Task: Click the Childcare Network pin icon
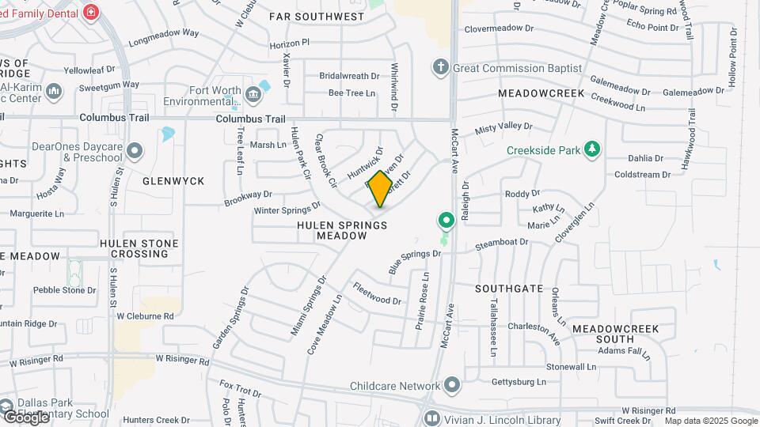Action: tap(452, 386)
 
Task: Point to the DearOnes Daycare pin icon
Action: tap(135, 150)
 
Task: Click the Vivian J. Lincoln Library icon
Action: tap(431, 419)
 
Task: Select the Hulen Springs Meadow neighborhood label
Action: tap(342, 230)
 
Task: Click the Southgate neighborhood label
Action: tap(509, 289)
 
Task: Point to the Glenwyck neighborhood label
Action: tap(173, 181)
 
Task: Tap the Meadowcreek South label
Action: tap(614, 333)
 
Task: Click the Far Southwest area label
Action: tap(317, 17)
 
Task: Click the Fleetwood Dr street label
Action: tap(378, 294)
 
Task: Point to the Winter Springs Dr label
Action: tap(286, 210)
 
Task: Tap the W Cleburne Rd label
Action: tap(145, 316)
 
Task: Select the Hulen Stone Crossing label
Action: tap(139, 248)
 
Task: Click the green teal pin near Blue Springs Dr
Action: tap(446, 220)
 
